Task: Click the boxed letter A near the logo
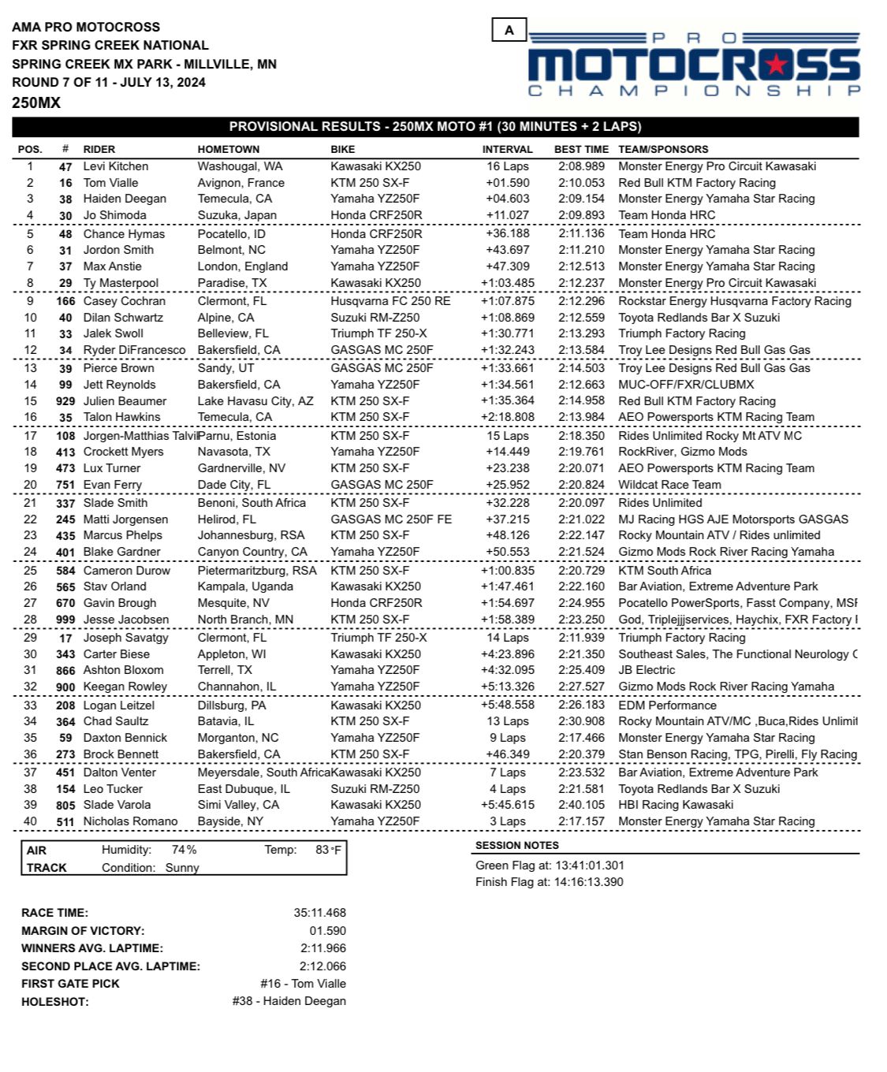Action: [509, 30]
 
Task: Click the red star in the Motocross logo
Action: [777, 64]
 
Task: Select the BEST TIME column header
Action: [581, 149]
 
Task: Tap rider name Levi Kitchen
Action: [115, 166]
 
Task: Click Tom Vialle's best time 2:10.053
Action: [581, 183]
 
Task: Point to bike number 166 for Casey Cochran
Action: [65, 301]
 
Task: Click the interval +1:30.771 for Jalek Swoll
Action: [507, 333]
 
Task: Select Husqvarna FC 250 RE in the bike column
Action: [390, 301]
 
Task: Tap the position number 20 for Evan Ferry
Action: [30, 485]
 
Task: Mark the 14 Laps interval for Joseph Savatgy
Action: [508, 638]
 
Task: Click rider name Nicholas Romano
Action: [130, 821]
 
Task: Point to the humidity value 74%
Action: [184, 850]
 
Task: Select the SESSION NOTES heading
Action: [516, 845]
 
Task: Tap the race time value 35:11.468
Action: [319, 913]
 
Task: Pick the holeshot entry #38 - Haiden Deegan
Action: [289, 1001]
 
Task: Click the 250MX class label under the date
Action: [36, 102]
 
